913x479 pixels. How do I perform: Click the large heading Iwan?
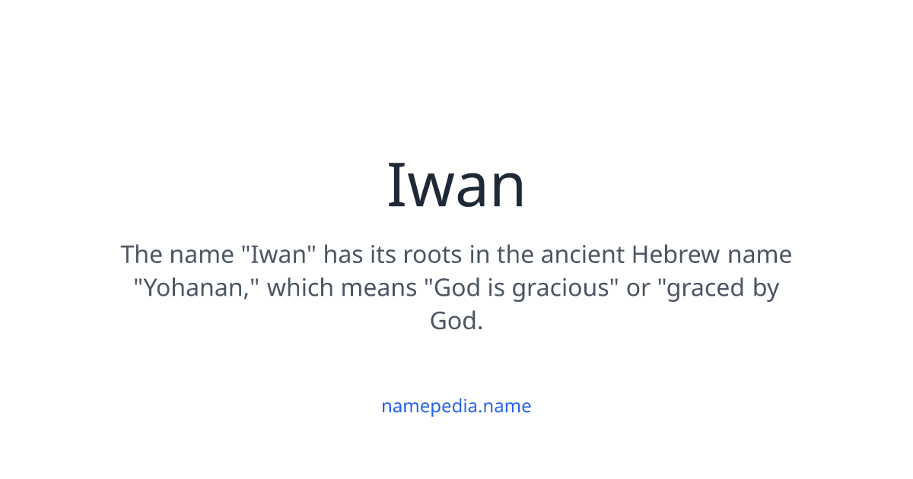coord(456,185)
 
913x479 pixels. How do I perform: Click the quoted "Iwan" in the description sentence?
coord(278,255)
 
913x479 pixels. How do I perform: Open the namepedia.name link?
coord(456,406)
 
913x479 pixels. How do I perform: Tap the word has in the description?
coord(348,255)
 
